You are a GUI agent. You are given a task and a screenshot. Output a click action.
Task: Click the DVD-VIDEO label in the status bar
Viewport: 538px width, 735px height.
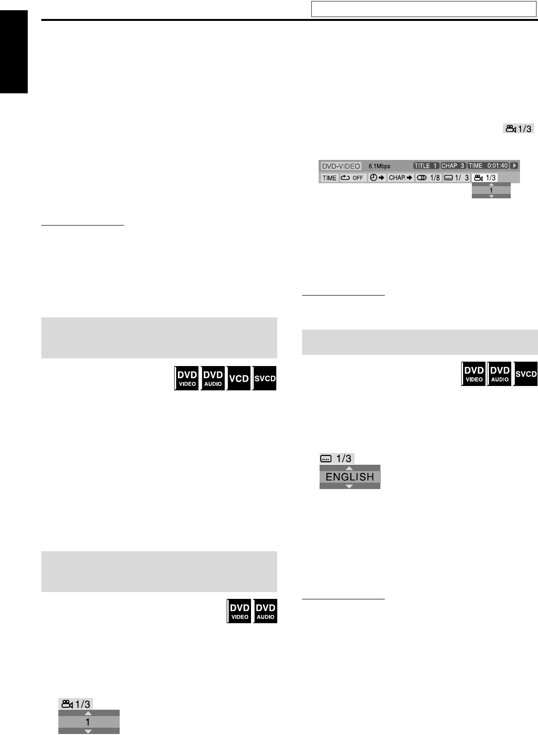click(341, 166)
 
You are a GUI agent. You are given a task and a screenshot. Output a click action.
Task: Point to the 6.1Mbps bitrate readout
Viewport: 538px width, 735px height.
click(379, 166)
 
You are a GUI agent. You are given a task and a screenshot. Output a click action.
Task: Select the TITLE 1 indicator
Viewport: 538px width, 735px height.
click(426, 166)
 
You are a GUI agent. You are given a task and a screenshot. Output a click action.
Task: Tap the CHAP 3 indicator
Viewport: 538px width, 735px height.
click(453, 166)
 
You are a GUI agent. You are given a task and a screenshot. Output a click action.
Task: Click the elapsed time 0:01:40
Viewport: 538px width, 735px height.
click(497, 166)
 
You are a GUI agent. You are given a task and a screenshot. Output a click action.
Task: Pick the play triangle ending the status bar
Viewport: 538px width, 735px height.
click(515, 166)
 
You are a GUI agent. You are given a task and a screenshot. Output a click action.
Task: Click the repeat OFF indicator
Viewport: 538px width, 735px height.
click(352, 178)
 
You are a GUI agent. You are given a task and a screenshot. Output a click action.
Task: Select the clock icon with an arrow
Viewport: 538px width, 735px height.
click(377, 178)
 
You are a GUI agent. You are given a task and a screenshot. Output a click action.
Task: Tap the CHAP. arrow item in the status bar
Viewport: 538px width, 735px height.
click(400, 178)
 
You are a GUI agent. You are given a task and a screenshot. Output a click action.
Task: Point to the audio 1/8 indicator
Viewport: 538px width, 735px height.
click(429, 178)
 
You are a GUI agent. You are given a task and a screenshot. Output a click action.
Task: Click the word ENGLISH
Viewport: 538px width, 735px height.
click(350, 477)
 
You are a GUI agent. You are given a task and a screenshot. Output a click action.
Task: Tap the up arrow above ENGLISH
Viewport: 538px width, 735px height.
click(349, 468)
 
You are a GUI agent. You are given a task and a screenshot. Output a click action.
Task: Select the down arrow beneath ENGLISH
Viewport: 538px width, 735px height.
click(349, 486)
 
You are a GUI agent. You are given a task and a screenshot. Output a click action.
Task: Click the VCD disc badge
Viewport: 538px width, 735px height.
click(239, 379)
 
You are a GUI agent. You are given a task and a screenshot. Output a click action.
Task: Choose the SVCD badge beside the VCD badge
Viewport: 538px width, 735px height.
click(265, 379)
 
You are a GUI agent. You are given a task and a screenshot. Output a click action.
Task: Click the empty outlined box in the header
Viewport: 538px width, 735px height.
click(424, 9)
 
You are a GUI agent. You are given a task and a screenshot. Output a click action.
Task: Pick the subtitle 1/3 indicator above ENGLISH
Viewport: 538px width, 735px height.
click(337, 458)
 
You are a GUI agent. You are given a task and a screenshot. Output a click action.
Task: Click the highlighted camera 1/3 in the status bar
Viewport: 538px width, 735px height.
click(485, 178)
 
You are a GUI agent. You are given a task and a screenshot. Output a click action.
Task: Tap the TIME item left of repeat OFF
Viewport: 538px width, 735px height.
click(329, 178)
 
